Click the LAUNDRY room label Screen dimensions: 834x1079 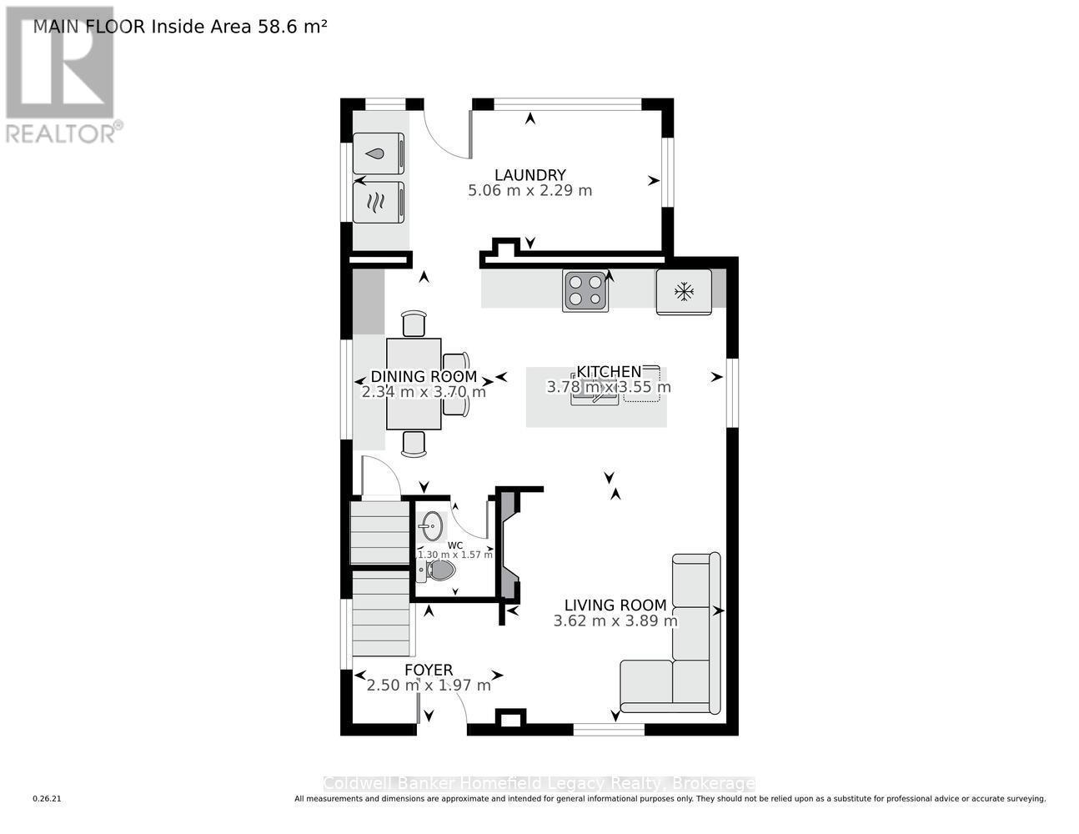(x=530, y=175)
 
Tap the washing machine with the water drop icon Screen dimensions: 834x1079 (x=378, y=154)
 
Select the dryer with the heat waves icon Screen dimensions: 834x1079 (x=378, y=203)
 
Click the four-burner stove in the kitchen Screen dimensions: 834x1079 (x=585, y=291)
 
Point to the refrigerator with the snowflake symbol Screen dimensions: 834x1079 (x=684, y=292)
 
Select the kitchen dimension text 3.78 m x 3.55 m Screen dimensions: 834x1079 (x=608, y=387)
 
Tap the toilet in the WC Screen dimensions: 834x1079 (x=439, y=570)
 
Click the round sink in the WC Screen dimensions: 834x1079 (x=432, y=525)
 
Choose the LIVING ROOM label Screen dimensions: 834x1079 (x=615, y=605)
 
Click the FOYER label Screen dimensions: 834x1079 (x=429, y=670)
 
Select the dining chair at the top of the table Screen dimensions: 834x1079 (x=414, y=324)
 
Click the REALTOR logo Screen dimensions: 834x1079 (x=60, y=75)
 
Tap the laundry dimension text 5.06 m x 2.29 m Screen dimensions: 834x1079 (x=530, y=190)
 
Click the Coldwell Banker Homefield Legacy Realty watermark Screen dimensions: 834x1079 (x=539, y=784)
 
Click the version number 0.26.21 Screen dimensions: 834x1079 (x=48, y=799)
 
